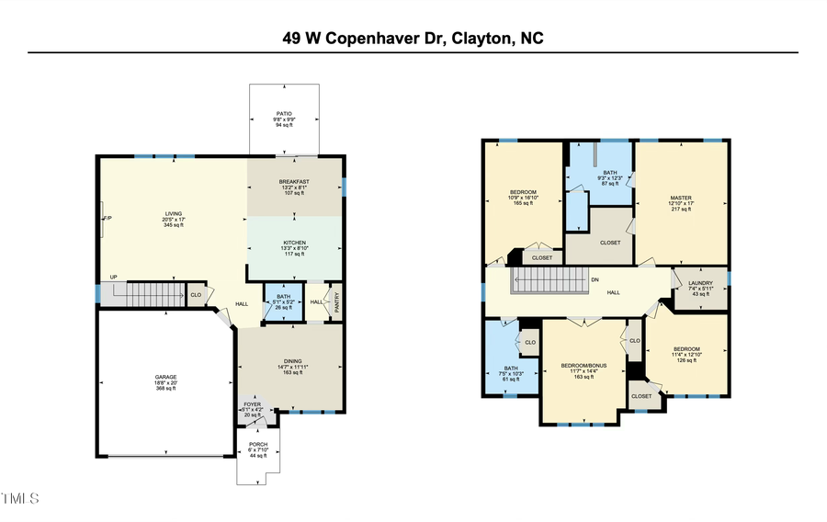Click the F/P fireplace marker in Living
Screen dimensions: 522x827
[107, 219]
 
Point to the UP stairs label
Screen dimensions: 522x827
[113, 277]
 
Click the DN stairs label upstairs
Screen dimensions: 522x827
[595, 279]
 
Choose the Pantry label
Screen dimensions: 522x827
[336, 302]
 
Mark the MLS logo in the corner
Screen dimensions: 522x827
[20, 499]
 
